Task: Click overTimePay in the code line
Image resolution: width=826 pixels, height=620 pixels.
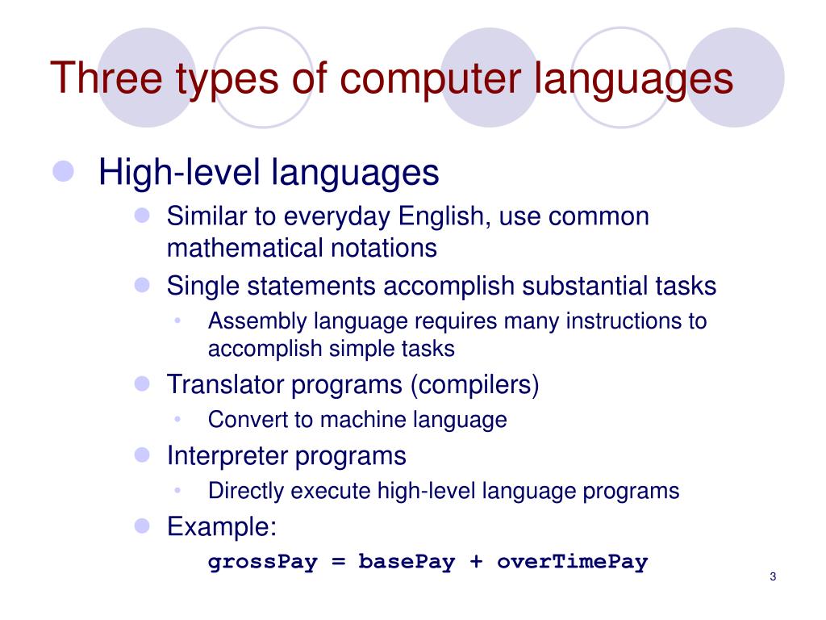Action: pyautogui.click(x=572, y=562)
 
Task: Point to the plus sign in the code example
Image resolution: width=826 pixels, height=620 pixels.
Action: pyautogui.click(x=477, y=563)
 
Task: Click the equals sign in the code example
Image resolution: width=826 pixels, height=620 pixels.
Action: pyautogui.click(x=338, y=563)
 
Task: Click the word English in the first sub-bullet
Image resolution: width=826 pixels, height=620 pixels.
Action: pyautogui.click(x=442, y=217)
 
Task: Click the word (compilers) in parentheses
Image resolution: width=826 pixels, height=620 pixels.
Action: pyautogui.click(x=474, y=385)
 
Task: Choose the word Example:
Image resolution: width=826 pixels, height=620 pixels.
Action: pyautogui.click(x=222, y=527)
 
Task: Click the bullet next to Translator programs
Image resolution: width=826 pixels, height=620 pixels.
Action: pyautogui.click(x=143, y=383)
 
